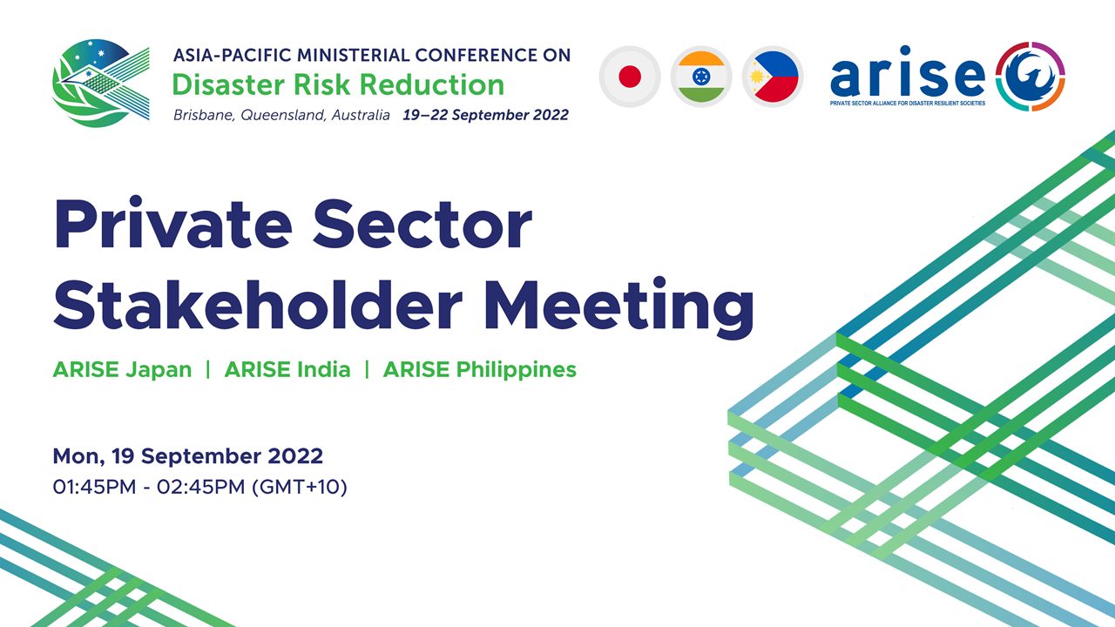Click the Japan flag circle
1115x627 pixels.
coord(630,77)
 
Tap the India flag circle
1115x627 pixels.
coord(701,77)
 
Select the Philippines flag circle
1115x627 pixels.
coord(773,77)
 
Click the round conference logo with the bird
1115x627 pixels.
coord(101,83)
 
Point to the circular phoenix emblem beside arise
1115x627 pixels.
coord(1031,76)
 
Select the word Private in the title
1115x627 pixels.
coord(172,223)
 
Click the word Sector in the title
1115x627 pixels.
coord(422,224)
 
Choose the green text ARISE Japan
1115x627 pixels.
coord(123,370)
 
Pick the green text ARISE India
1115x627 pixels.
coord(287,370)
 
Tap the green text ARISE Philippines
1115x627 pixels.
coord(480,370)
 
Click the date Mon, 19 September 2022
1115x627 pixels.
coord(187,456)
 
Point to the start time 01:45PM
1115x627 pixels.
coord(95,487)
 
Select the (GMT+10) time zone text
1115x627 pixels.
coord(300,487)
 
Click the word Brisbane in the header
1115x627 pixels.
coord(204,115)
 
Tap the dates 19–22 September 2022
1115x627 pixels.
coord(486,115)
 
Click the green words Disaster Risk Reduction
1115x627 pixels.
coord(339,84)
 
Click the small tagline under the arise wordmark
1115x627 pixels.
coord(908,104)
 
